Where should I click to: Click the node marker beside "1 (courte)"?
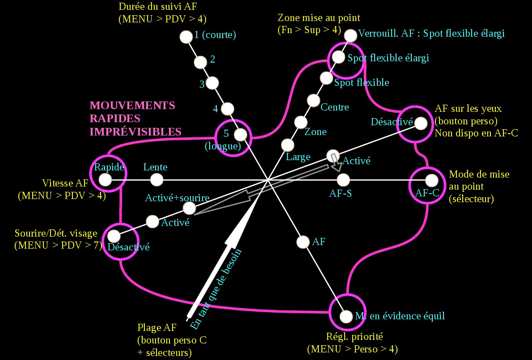pos(185,37)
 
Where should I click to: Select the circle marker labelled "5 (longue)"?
pos(241,134)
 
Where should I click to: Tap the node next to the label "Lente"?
pos(156,180)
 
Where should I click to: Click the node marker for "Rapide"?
pos(105,180)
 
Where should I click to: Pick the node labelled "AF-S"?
pos(343,180)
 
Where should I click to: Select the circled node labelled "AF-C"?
pos(431,180)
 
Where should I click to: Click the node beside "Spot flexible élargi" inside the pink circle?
pos(338,57)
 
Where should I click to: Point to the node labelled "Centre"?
pos(313,100)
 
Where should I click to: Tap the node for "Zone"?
pos(300,122)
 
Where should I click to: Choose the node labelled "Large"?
pos(287,144)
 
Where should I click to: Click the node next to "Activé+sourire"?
pos(189,208)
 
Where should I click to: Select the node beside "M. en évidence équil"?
pos(346,316)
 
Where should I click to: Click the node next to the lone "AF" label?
pos(303,241)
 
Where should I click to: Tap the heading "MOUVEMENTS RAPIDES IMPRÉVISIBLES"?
pos(135,119)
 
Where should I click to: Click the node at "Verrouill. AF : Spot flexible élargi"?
pos(351,35)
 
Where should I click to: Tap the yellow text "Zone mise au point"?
pos(319,18)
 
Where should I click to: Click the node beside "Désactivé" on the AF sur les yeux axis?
pos(420,123)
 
